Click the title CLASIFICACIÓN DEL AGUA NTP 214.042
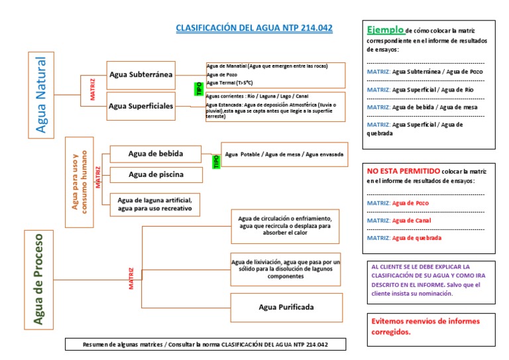pyautogui.click(x=254, y=28)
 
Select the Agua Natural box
pyautogui.click(x=40, y=94)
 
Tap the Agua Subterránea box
pyautogui.click(x=141, y=75)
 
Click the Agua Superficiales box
pyautogui.click(x=141, y=105)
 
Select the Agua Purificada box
pyautogui.click(x=286, y=307)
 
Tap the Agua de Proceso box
pyautogui.click(x=38, y=280)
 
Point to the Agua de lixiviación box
pyautogui.click(x=286, y=269)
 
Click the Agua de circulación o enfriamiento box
pyautogui.click(x=286, y=225)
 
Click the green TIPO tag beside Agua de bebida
pyautogui.click(x=215, y=161)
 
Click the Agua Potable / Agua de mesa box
pyautogui.click(x=284, y=154)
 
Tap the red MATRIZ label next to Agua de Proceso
pyautogui.click(x=131, y=279)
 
